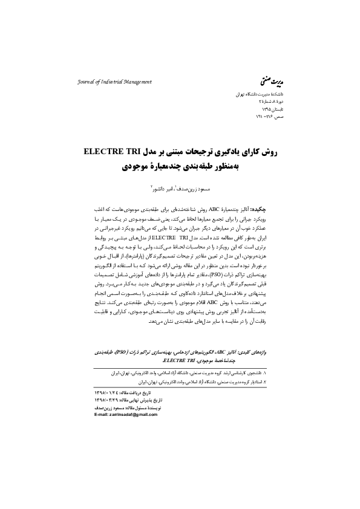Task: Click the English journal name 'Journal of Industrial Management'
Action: pos(114,82)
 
